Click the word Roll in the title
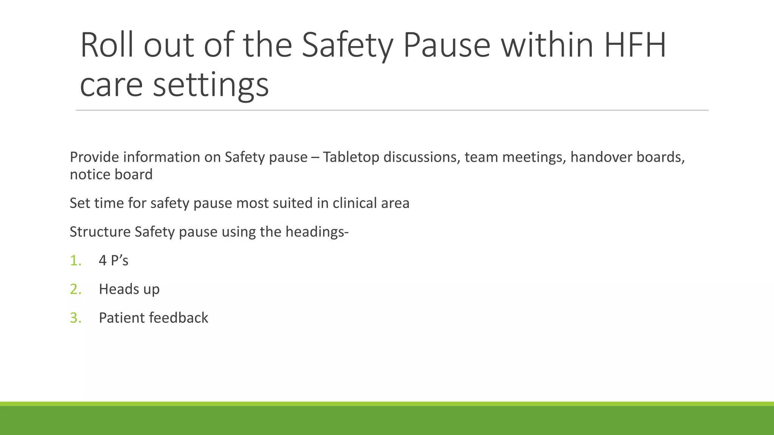107,45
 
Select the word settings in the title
211,85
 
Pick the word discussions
421,157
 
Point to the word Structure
100,232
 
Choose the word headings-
317,232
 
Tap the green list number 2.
76,289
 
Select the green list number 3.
76,318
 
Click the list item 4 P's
113,261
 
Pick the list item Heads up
129,289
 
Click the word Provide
94,157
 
